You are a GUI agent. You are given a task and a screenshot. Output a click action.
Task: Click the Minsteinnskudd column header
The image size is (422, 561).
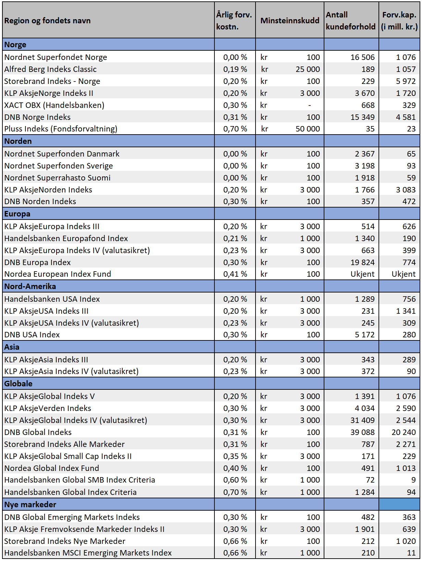[x=290, y=21]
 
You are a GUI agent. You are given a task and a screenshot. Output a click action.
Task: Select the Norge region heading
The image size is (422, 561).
[x=15, y=45]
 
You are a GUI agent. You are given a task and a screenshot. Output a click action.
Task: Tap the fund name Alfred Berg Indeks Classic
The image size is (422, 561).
[x=50, y=69]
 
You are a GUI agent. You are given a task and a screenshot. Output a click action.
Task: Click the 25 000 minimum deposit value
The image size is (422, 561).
[x=308, y=69]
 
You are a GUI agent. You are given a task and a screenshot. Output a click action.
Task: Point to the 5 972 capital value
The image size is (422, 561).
[x=406, y=81]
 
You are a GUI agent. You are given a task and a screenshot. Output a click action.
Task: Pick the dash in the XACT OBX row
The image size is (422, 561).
[x=310, y=105]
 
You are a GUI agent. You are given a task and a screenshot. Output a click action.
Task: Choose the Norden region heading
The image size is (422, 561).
[x=18, y=141]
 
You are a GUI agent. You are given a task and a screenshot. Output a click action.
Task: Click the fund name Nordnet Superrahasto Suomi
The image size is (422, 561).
[x=57, y=178]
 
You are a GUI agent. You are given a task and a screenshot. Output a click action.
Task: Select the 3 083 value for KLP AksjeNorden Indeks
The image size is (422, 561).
[x=406, y=190]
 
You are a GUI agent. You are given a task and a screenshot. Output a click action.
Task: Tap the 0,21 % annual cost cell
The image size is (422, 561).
[x=235, y=238]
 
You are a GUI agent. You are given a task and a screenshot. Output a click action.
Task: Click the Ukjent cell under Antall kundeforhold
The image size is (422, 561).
[x=362, y=274]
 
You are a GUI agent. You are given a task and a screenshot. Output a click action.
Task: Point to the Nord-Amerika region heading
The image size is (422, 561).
[x=30, y=286]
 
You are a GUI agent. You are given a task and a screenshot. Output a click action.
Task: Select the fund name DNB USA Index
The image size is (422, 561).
[x=32, y=335]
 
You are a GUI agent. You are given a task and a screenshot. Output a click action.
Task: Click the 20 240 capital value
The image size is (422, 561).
[x=404, y=432]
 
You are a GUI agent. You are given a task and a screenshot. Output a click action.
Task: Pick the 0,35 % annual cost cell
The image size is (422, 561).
[x=235, y=456]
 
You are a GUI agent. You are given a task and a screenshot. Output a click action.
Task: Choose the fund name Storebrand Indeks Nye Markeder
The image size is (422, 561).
[x=65, y=541]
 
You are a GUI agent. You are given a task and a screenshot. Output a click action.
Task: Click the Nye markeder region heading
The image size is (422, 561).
[x=30, y=504]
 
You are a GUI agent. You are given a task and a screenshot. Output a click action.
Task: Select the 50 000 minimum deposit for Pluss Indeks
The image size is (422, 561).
[x=308, y=128]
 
